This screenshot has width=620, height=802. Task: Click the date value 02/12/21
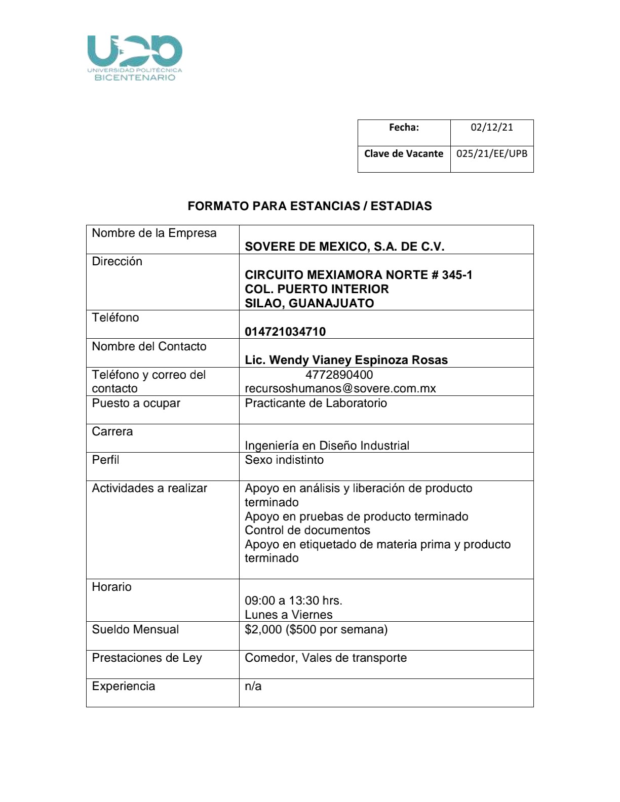pyautogui.click(x=491, y=128)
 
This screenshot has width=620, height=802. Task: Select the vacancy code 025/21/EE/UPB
pyautogui.click(x=491, y=154)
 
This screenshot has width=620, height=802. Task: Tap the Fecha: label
pyautogui.click(x=404, y=128)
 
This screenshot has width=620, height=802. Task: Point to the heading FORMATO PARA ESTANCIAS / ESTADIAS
pyautogui.click(x=309, y=206)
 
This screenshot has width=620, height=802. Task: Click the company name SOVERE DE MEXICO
pyautogui.click(x=344, y=247)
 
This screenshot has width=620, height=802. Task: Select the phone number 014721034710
pyautogui.click(x=285, y=332)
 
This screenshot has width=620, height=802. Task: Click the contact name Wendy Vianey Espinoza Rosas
pyautogui.click(x=346, y=360)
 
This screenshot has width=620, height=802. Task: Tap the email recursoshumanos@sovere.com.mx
pyautogui.click(x=340, y=388)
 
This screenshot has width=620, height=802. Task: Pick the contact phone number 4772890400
pyautogui.click(x=339, y=375)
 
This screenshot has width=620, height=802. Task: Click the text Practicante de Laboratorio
pyautogui.click(x=316, y=403)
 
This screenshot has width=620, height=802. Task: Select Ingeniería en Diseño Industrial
pyautogui.click(x=327, y=446)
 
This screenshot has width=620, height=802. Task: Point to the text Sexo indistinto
pyautogui.click(x=284, y=460)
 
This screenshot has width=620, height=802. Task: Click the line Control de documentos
pyautogui.click(x=307, y=530)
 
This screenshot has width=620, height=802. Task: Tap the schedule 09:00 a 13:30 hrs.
pyautogui.click(x=293, y=600)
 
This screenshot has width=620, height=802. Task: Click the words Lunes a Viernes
pyautogui.click(x=289, y=615)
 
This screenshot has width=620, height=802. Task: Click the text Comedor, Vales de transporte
pyautogui.click(x=326, y=658)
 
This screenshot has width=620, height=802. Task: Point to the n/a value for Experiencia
pyautogui.click(x=253, y=686)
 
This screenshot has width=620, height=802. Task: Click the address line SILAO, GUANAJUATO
pyautogui.click(x=309, y=303)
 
